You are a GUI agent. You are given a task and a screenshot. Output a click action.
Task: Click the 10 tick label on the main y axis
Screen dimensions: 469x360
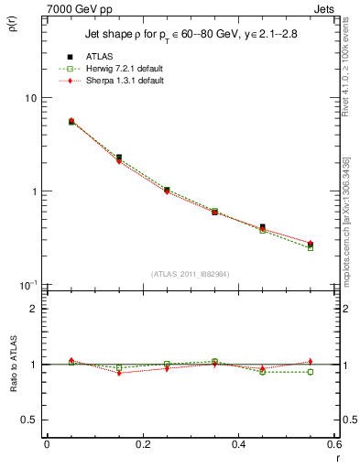30,98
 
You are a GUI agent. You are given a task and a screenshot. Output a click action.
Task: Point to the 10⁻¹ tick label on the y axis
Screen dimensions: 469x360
28,285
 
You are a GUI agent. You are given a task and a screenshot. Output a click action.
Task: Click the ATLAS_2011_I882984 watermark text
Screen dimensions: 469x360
189,274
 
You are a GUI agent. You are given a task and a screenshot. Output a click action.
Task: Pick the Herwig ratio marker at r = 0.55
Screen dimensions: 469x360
311,372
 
